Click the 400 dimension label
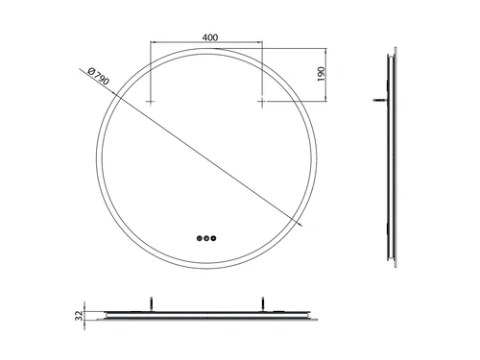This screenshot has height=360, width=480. (210, 37)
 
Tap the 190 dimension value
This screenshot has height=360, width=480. (321, 74)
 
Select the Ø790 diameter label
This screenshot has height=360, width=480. (98, 76)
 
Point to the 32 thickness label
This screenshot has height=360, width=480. (79, 316)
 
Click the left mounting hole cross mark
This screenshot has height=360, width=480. (151, 102)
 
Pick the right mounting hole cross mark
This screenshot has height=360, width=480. (262, 102)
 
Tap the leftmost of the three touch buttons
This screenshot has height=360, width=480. (200, 238)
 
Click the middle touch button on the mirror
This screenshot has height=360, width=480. (206, 238)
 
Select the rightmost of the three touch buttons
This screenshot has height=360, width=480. (213, 238)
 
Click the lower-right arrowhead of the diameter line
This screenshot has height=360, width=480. (300, 225)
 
